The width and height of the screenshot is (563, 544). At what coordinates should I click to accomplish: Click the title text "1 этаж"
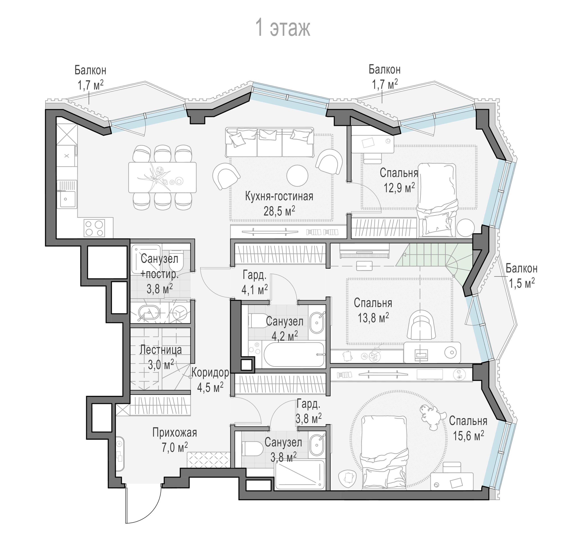283,28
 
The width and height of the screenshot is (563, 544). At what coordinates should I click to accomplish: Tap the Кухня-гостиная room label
279,197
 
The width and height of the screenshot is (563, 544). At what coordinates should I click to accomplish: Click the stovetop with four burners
94,228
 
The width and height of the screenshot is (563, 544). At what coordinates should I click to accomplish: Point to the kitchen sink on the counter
67,194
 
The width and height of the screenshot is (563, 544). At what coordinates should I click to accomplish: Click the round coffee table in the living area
297,175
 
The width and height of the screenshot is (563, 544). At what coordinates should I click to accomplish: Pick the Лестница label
161,350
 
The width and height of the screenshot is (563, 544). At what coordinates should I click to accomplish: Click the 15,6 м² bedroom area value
468,436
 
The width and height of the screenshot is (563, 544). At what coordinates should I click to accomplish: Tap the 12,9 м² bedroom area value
399,188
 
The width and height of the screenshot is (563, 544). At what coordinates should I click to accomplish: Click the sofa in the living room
269,142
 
